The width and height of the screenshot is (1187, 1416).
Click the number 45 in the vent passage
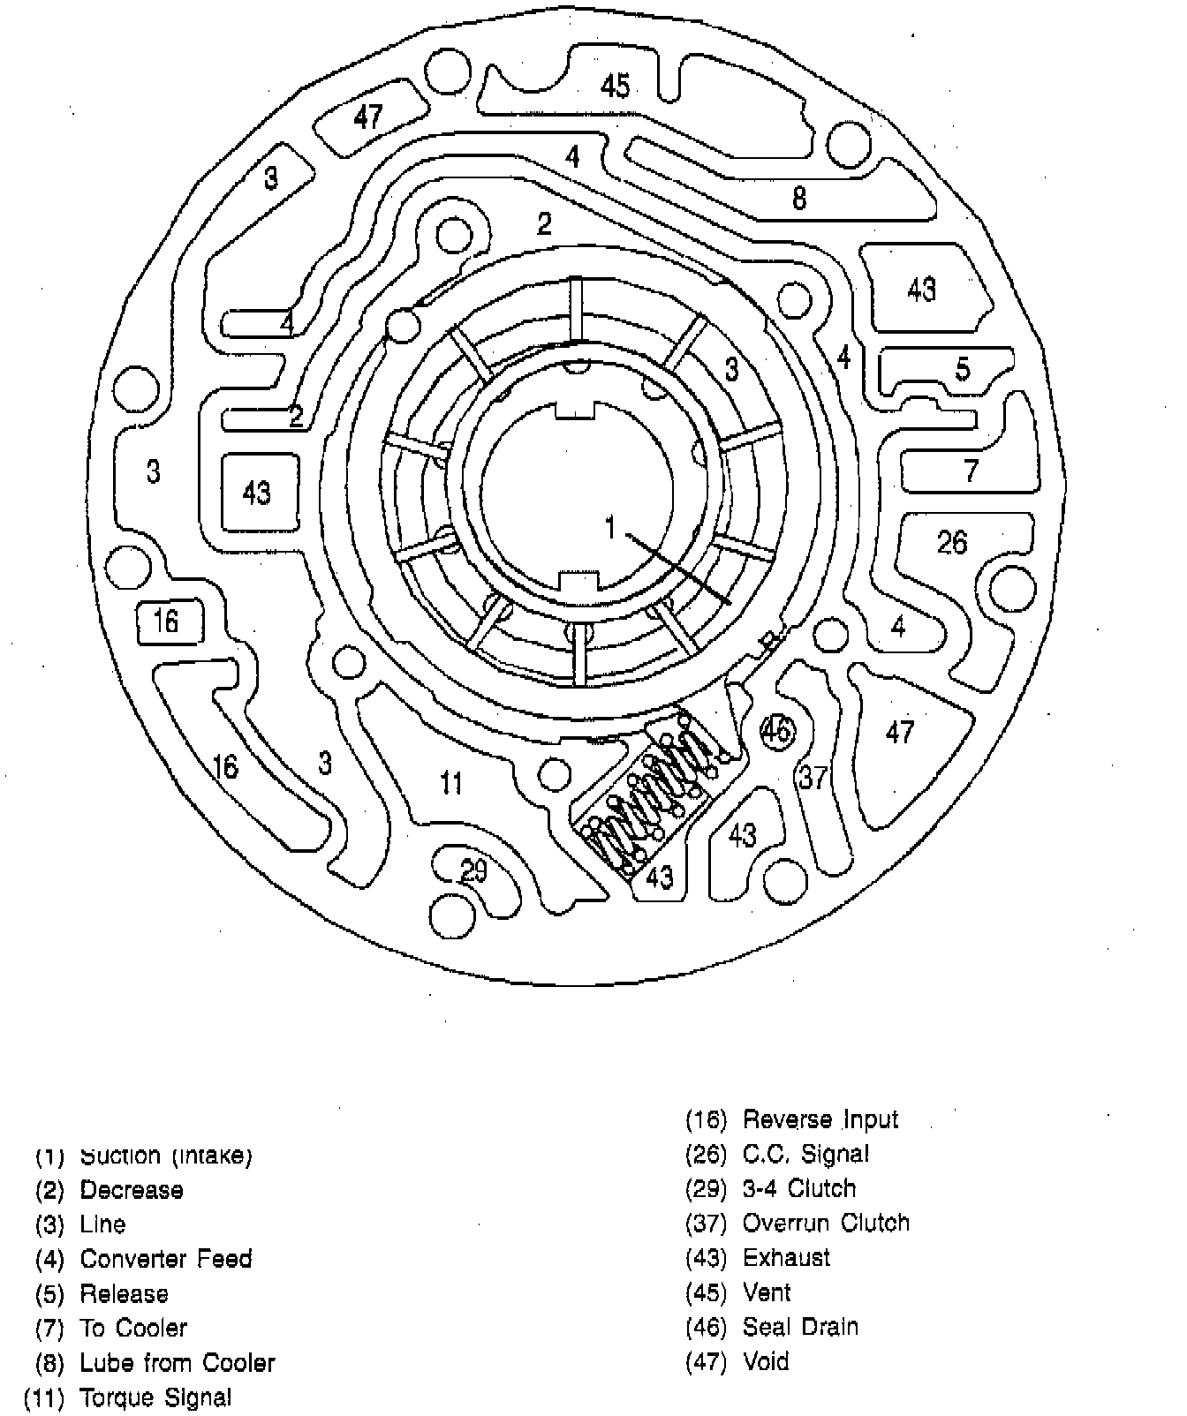(615, 86)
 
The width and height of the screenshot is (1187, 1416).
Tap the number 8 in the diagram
(798, 198)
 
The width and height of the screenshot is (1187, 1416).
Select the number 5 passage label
(963, 368)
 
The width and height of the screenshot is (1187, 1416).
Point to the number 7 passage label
(972, 471)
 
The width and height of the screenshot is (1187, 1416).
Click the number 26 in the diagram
(952, 541)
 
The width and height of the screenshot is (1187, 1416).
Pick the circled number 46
(776, 731)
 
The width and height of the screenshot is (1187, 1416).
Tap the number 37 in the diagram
(813, 777)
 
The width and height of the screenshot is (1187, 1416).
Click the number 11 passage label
(451, 782)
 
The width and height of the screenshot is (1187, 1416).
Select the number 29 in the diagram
(473, 871)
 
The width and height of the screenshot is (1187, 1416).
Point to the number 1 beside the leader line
(609, 527)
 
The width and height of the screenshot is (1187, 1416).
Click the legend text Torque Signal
(155, 1397)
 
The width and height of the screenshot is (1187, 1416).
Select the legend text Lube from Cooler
(177, 1362)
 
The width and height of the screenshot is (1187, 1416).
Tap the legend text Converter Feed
(165, 1258)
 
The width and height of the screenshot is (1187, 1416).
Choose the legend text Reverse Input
(820, 1119)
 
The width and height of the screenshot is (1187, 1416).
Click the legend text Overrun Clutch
(825, 1223)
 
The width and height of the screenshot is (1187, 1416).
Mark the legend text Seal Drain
(800, 1327)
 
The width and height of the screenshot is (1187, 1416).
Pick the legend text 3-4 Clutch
(799, 1188)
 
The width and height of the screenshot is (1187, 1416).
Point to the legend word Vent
(767, 1292)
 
